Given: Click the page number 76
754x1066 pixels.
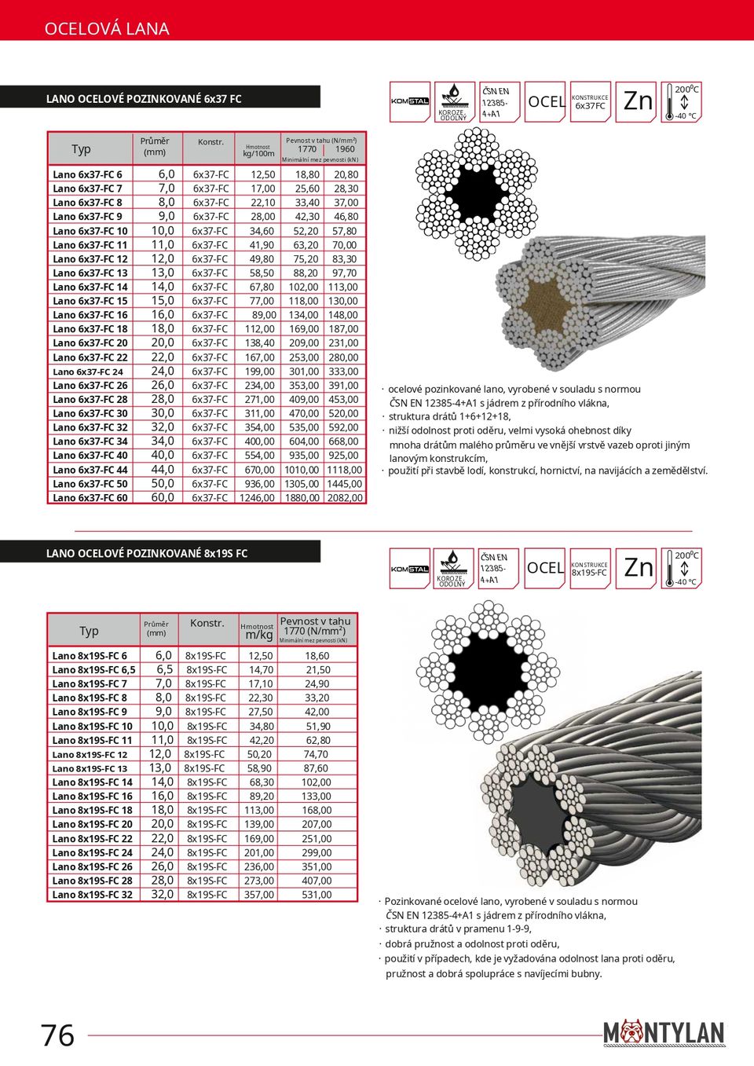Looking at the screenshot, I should pos(58,1035).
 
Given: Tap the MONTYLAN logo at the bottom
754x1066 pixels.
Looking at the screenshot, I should pos(664,1032).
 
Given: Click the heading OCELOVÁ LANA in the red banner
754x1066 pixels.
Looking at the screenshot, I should pos(107,29).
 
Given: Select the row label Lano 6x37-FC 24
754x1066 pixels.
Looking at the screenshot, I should pos(88,372).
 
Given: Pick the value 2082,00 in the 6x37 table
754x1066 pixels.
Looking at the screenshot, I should pos(345,498).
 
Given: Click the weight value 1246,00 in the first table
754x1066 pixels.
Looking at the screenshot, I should pos(258,498).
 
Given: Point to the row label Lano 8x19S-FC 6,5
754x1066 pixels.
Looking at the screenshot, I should pos(93,670).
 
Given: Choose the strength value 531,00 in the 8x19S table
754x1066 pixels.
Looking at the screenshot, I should pos(317,895).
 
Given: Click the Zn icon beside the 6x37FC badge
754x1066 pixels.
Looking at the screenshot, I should pos(637,101).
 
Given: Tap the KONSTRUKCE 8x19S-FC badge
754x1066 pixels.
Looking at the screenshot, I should pos(590,569).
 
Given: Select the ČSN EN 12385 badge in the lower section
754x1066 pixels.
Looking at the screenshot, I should pos(498,569).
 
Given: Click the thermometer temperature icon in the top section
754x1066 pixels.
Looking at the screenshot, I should pos(682,102).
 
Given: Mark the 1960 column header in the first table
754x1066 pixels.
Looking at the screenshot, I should pos(345,149).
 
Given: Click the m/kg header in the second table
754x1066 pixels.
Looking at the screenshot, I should pos(258,635).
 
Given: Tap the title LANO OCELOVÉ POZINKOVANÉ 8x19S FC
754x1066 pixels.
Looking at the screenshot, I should pos(147,553).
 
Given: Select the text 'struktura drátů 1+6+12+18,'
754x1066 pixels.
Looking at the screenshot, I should pos(449,417).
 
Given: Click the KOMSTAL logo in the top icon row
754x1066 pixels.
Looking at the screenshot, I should pos(410,101).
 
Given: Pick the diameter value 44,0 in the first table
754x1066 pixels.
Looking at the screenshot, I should pos(163,470).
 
